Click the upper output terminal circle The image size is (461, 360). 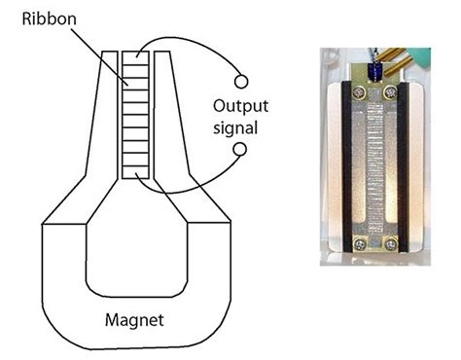[x=240, y=81]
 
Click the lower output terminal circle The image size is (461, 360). [x=240, y=149]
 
